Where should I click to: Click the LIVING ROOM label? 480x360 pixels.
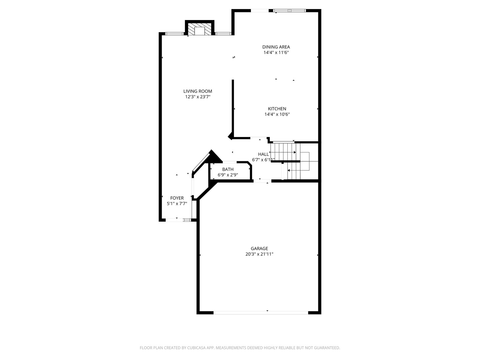[197, 91]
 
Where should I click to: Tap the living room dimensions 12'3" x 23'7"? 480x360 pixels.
[198, 97]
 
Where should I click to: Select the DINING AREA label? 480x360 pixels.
[276, 47]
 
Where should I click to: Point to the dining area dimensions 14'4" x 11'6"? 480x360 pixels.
[276, 52]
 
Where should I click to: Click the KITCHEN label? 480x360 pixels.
[277, 109]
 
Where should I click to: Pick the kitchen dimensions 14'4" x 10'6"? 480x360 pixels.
[277, 114]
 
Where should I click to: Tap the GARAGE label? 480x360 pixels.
[259, 249]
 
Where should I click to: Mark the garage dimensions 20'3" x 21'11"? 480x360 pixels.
[259, 254]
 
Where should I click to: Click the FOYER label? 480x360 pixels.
[177, 198]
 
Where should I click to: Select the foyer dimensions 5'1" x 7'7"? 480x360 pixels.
[177, 204]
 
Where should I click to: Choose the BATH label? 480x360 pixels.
[228, 169]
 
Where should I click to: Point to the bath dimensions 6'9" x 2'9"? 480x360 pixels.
[228, 175]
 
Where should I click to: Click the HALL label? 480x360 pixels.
[263, 154]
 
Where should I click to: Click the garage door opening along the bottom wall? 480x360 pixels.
[261, 313]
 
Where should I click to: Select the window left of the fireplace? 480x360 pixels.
[174, 34]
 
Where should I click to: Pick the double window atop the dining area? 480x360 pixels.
[289, 10]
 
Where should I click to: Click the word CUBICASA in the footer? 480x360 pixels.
[196, 348]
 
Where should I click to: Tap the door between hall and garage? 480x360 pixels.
[262, 181]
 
